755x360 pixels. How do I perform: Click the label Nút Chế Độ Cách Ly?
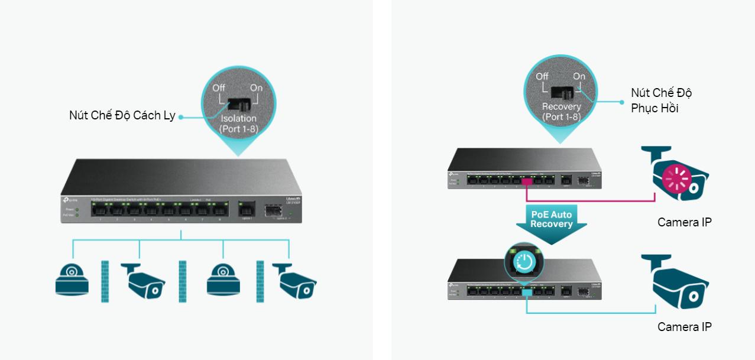pyautogui.click(x=122, y=116)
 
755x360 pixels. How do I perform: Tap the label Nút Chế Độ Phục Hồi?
pyautogui.click(x=661, y=100)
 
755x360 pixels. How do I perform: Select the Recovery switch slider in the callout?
pyautogui.click(x=561, y=92)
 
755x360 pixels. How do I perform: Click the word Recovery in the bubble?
pyautogui.click(x=561, y=107)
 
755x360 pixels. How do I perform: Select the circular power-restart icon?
pyautogui.click(x=524, y=261)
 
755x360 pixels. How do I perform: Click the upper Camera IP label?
pyautogui.click(x=684, y=222)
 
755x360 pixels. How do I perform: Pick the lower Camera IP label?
pyautogui.click(x=684, y=327)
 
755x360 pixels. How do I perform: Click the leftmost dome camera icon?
pyautogui.click(x=72, y=278)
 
